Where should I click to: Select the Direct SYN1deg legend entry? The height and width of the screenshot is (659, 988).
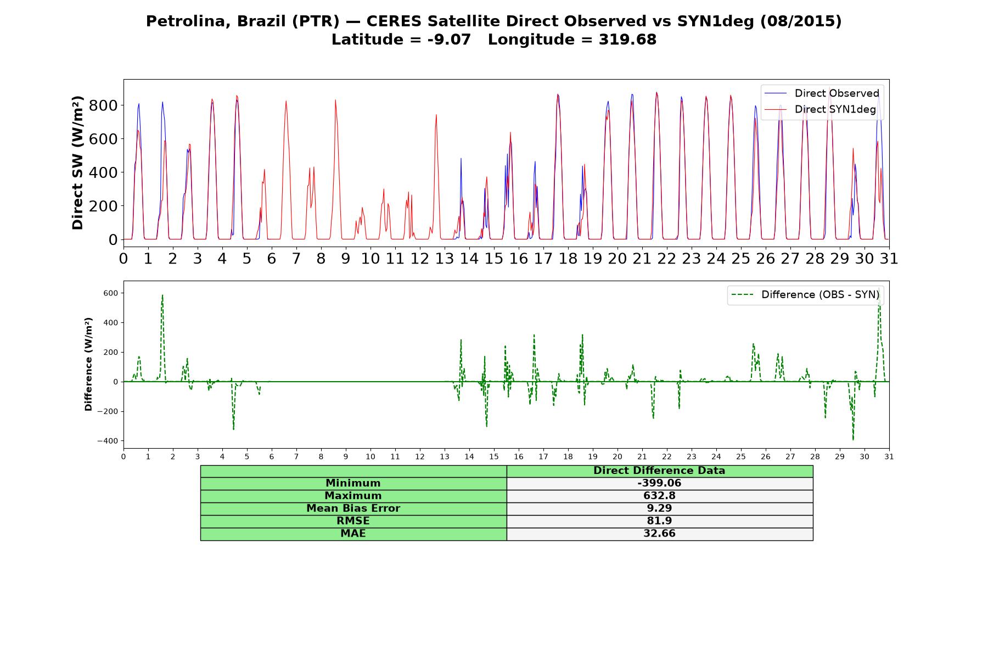[x=820, y=109]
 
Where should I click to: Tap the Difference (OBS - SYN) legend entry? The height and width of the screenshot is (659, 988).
[x=805, y=295]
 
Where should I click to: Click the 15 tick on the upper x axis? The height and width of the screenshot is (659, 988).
[x=494, y=258]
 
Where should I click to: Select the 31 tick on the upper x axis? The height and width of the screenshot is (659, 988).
[x=889, y=258]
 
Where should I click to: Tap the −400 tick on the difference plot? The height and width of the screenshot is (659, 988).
[x=108, y=441]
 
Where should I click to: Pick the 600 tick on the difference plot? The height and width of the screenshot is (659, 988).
[x=110, y=293]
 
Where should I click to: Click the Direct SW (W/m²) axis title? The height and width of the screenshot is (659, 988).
[x=78, y=163]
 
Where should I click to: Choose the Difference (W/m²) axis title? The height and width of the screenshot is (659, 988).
[x=88, y=364]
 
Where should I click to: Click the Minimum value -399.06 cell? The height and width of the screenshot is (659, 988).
[x=659, y=483]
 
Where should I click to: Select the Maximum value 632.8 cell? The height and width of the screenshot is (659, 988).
[x=659, y=496]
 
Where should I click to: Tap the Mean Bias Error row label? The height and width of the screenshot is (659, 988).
[x=353, y=509]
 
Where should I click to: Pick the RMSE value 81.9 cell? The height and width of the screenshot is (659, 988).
[x=659, y=521]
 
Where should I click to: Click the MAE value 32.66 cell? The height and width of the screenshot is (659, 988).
[x=659, y=534]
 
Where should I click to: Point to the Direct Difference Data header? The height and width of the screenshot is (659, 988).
[x=659, y=471]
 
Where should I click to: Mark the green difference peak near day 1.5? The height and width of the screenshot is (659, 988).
[x=162, y=295]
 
